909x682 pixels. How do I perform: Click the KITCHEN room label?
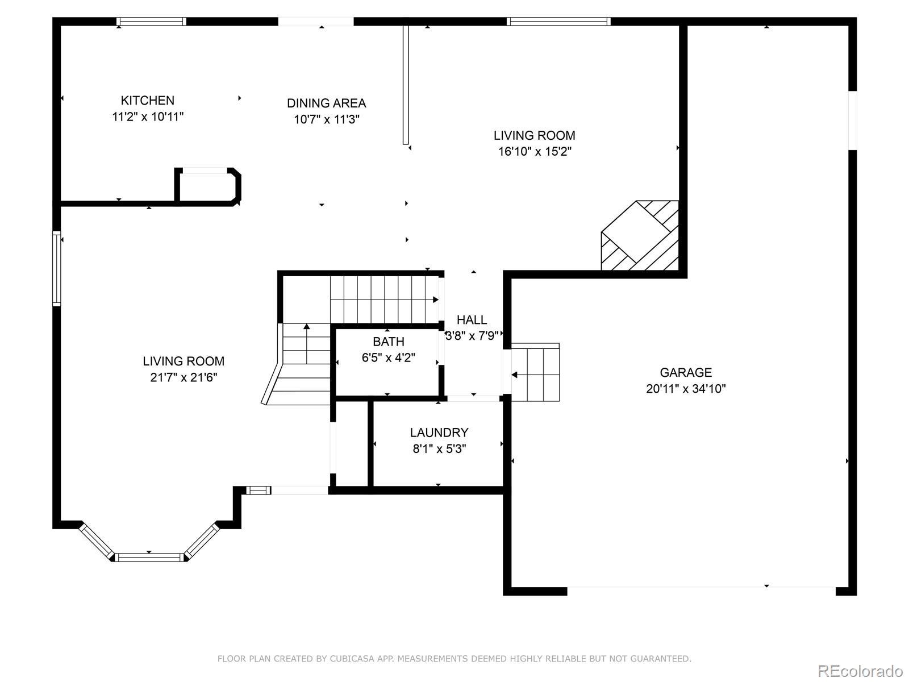pyautogui.click(x=147, y=100)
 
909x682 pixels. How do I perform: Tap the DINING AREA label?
pyautogui.click(x=326, y=103)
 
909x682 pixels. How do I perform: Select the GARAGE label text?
pyautogui.click(x=686, y=373)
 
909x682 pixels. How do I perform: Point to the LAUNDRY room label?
pyautogui.click(x=439, y=433)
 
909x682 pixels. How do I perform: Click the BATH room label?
pyautogui.click(x=389, y=342)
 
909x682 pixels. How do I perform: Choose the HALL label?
pyautogui.click(x=472, y=319)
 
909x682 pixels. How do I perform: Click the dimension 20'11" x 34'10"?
pyautogui.click(x=686, y=389)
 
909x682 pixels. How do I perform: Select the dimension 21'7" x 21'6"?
pyautogui.click(x=184, y=377)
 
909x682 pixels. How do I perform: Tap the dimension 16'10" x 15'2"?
pyautogui.click(x=534, y=152)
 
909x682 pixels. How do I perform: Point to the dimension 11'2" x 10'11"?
pyautogui.click(x=147, y=117)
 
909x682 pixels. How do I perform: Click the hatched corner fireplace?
pyautogui.click(x=640, y=236)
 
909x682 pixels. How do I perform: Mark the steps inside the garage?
pyautogui.click(x=536, y=372)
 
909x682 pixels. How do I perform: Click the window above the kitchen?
pyautogui.click(x=151, y=22)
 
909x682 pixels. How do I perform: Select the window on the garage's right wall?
pyautogui.click(x=852, y=120)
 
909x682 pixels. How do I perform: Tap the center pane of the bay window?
pyautogui.click(x=149, y=558)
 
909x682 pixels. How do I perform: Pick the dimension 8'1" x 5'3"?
pyautogui.click(x=439, y=449)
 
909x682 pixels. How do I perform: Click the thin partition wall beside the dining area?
pyautogui.click(x=406, y=85)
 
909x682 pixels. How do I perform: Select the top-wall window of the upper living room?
pyautogui.click(x=558, y=22)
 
